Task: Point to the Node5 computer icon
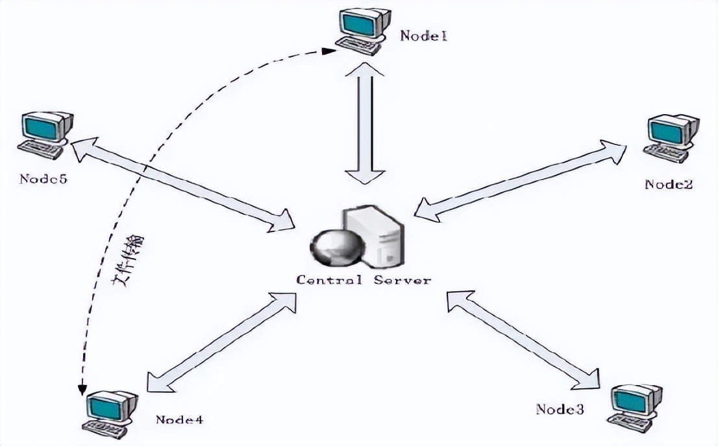click(x=45, y=135)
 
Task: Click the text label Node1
click(x=423, y=36)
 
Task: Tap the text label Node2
click(x=668, y=184)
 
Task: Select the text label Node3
click(x=560, y=409)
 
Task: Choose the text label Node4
click(x=180, y=419)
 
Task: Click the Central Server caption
click(x=363, y=280)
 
